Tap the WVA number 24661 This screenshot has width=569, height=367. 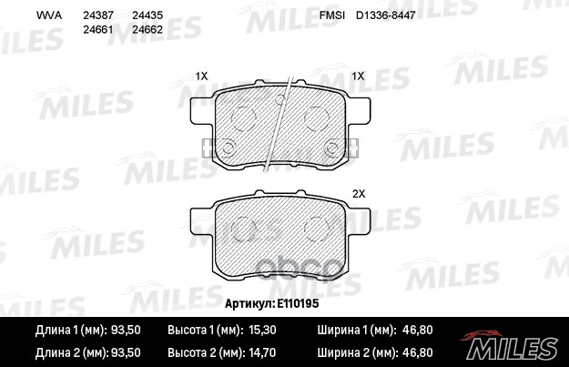(x=97, y=30)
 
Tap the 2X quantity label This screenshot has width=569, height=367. (x=358, y=194)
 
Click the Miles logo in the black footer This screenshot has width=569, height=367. (x=520, y=346)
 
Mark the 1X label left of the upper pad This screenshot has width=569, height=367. (x=202, y=76)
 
